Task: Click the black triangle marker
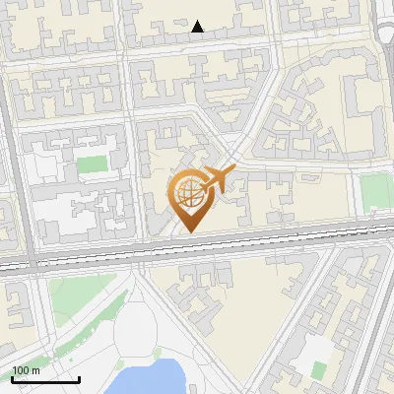point(198,27)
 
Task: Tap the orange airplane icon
point(220,178)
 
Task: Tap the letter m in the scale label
point(35,370)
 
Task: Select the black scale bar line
point(45,379)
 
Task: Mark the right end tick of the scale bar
point(79,377)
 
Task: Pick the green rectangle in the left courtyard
point(92,164)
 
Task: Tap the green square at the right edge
point(375,190)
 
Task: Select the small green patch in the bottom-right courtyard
point(319,369)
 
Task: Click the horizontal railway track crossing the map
point(197,247)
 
